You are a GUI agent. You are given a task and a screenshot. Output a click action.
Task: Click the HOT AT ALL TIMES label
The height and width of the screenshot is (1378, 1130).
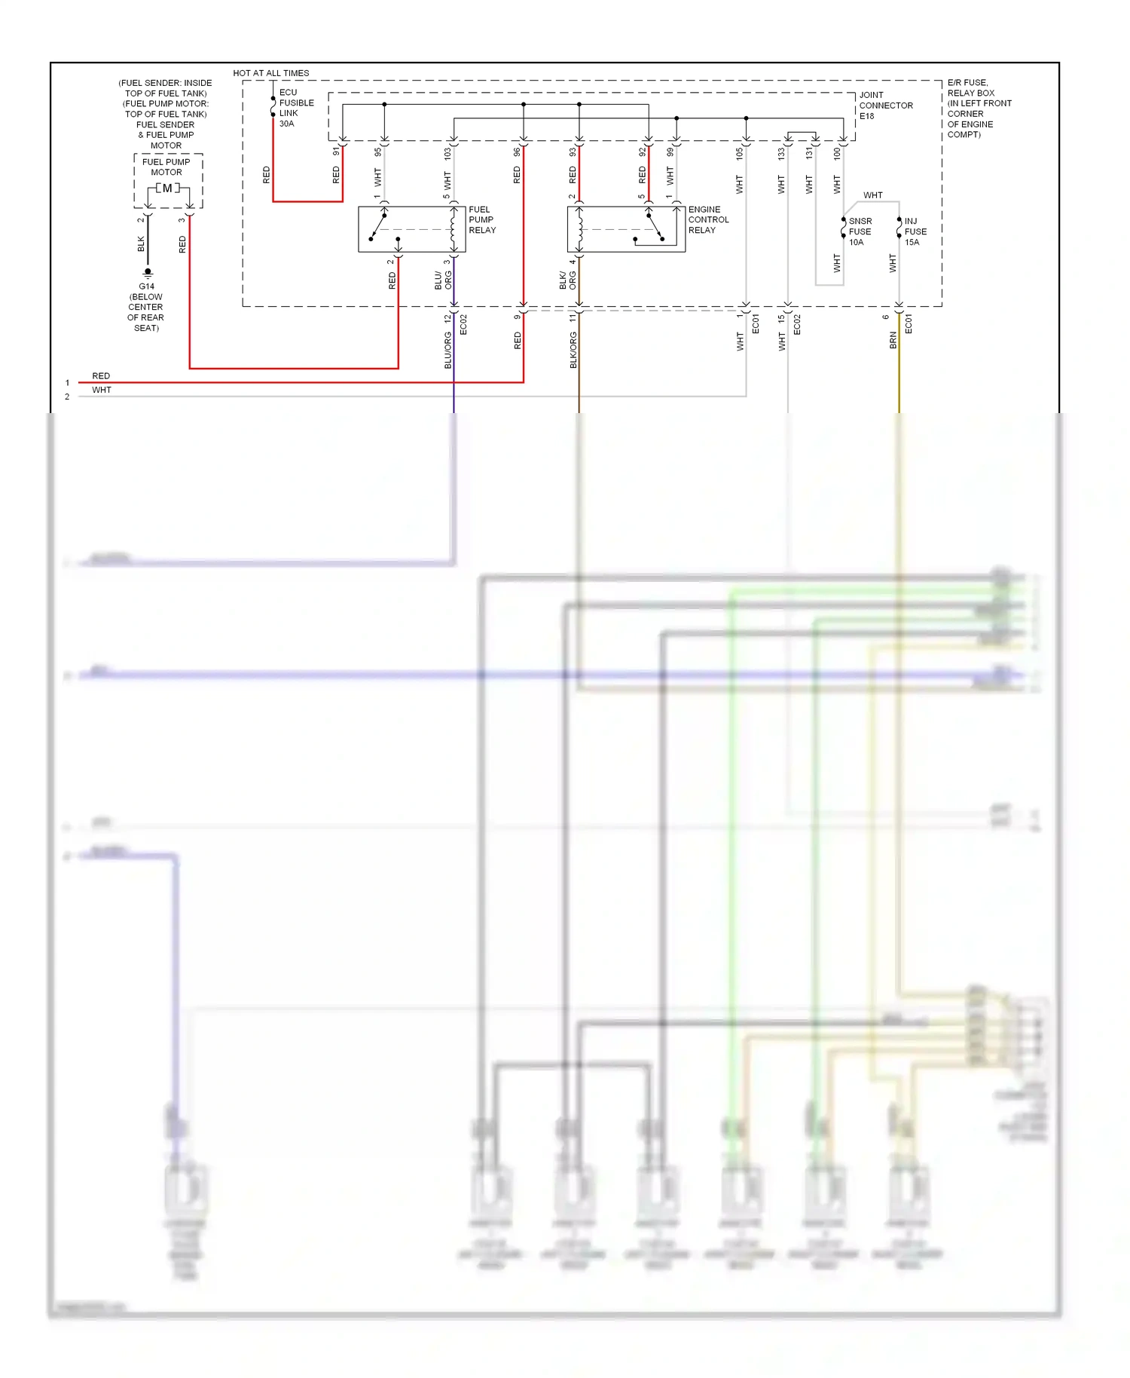pyautogui.click(x=270, y=73)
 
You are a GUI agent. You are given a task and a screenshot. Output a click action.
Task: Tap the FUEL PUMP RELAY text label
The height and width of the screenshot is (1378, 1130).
pyautogui.click(x=482, y=220)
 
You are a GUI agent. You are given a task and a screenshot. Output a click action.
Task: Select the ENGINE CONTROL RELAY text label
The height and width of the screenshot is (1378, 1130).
pyautogui.click(x=708, y=220)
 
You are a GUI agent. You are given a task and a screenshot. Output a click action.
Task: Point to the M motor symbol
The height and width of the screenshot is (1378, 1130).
pyautogui.click(x=167, y=188)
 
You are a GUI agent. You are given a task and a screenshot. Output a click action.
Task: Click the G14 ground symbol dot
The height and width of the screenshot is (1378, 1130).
pyautogui.click(x=148, y=271)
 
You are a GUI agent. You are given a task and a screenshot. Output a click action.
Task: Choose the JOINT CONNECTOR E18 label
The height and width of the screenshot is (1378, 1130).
pyautogui.click(x=885, y=106)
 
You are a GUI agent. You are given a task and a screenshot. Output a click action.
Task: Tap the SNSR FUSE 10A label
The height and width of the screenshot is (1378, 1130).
pyautogui.click(x=860, y=232)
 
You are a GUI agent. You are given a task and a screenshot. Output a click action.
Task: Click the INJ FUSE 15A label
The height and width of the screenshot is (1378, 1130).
pyautogui.click(x=915, y=232)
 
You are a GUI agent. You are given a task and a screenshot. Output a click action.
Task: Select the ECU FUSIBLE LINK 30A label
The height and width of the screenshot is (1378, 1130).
pyautogui.click(x=296, y=108)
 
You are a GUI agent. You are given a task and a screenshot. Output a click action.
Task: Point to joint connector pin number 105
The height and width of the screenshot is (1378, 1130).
pyautogui.click(x=740, y=153)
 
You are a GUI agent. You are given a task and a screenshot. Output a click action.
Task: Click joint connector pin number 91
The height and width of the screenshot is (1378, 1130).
pyautogui.click(x=336, y=152)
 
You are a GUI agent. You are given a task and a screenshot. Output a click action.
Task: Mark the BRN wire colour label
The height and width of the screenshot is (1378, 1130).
pyautogui.click(x=893, y=340)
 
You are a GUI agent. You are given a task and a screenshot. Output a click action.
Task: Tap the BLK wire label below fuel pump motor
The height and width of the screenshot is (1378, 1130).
pyautogui.click(x=141, y=244)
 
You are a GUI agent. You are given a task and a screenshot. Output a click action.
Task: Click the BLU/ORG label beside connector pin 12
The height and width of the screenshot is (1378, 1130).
pyautogui.click(x=447, y=350)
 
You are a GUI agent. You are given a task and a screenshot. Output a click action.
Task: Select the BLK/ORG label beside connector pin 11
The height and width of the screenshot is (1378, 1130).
pyautogui.click(x=573, y=350)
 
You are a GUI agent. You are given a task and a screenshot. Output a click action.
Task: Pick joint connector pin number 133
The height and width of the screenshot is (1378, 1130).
pyautogui.click(x=781, y=153)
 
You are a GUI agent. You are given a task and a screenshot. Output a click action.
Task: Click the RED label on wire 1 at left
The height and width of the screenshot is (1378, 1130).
pyautogui.click(x=101, y=376)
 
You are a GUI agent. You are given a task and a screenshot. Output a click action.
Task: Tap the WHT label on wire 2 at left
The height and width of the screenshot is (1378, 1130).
pyautogui.click(x=102, y=390)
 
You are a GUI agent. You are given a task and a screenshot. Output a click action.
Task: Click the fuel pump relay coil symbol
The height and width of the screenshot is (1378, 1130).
pyautogui.click(x=453, y=228)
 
